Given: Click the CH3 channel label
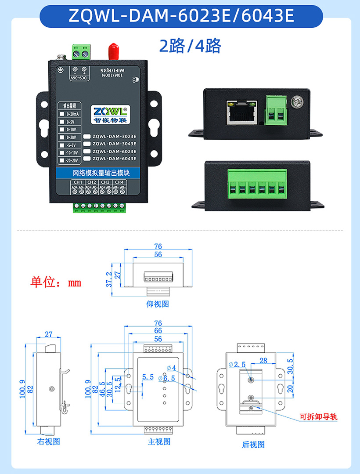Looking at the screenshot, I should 105,182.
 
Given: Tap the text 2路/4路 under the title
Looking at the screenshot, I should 190,46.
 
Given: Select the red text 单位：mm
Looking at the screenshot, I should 56,282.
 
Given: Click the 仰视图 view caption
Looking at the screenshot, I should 158,304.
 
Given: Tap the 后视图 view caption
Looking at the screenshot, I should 253,445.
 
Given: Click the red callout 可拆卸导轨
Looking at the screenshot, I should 318,417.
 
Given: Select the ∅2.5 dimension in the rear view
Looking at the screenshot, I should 237,364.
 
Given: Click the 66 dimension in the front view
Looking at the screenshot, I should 158,331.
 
